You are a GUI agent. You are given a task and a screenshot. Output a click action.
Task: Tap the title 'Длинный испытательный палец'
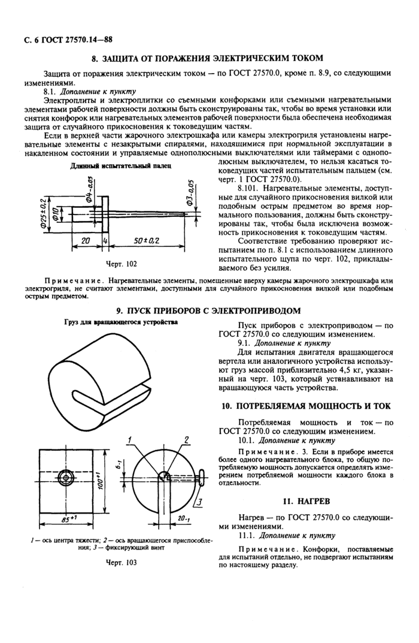pyautogui.click(x=121, y=166)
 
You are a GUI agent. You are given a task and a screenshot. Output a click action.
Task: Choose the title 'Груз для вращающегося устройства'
pyautogui.click(x=121, y=322)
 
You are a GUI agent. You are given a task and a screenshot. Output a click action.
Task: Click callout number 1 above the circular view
pyautogui.click(x=129, y=440)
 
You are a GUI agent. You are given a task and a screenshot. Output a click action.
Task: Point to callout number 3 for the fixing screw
pyautogui.click(x=202, y=502)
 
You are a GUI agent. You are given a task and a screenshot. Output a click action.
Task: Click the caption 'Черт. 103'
pyautogui.click(x=121, y=563)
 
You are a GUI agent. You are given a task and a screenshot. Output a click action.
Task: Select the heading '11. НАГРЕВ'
pyautogui.click(x=306, y=499)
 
